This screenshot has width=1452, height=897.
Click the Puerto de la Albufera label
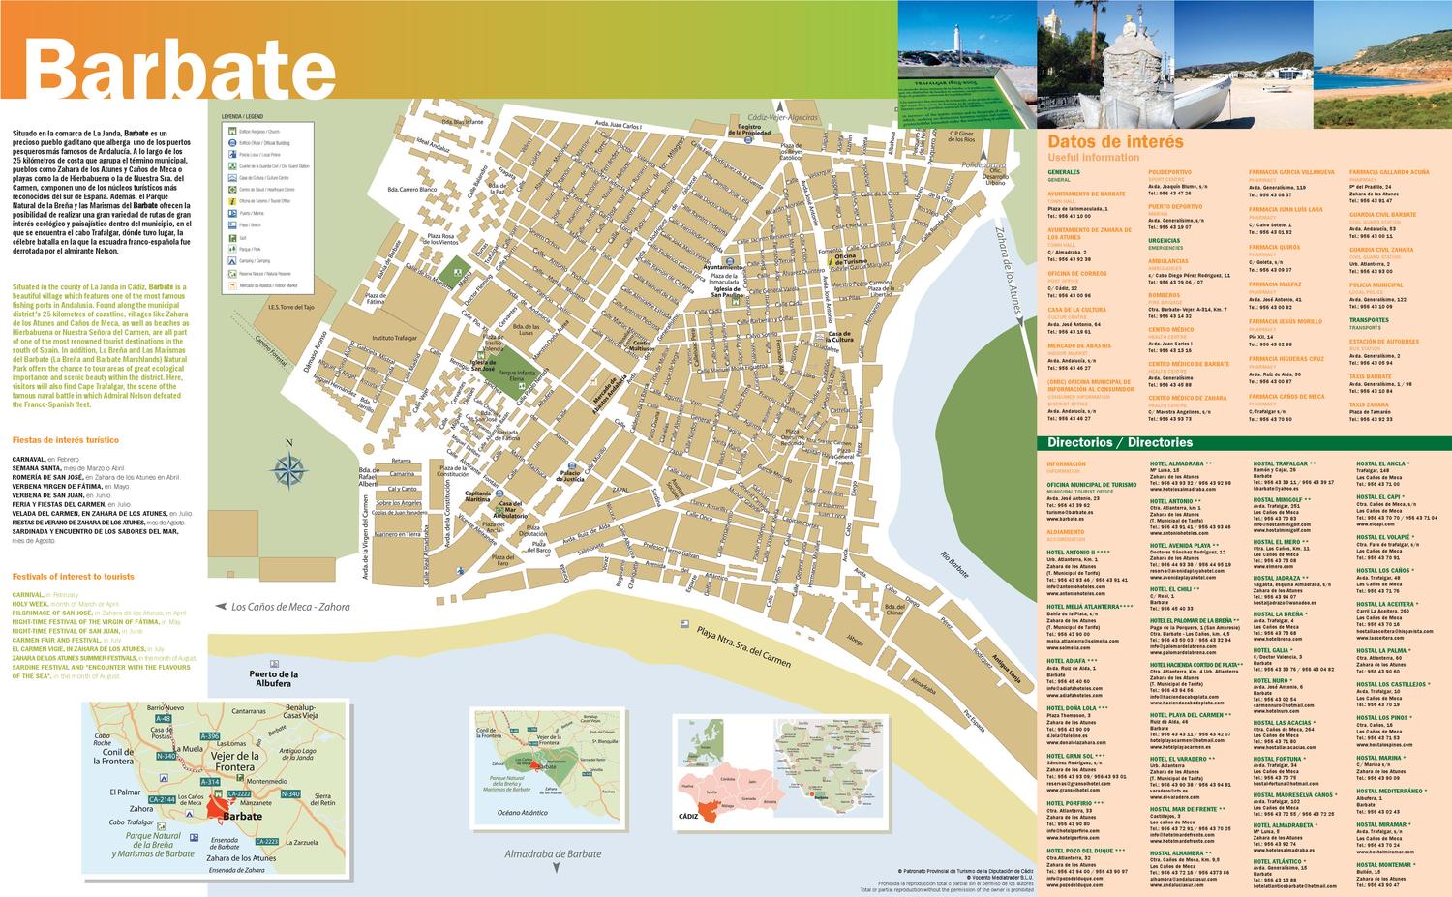[258, 678]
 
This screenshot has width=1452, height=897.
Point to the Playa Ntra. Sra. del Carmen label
[742, 647]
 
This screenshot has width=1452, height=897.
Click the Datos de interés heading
[1115, 142]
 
